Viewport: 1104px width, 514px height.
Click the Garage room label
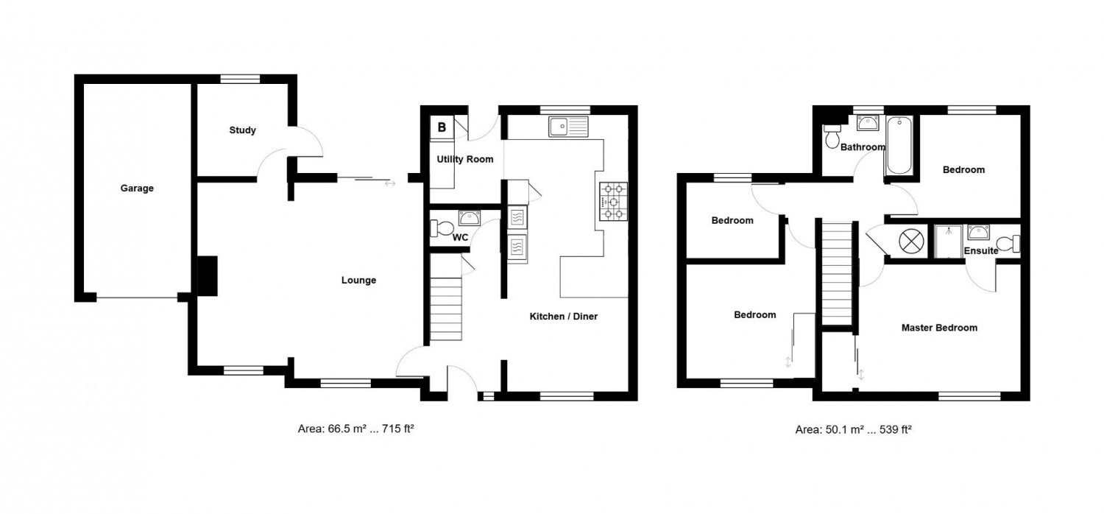(137, 188)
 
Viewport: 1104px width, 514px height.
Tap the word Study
(242, 130)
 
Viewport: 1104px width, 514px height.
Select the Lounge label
(359, 280)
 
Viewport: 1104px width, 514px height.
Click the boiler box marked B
(442, 127)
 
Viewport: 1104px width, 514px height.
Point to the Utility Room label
(464, 159)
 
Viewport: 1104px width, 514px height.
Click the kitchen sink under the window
(568, 127)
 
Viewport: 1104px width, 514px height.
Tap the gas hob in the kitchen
(614, 201)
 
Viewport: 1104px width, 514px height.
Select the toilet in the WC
(442, 228)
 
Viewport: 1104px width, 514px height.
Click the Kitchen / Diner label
(563, 317)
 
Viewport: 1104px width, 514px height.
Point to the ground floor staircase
(446, 309)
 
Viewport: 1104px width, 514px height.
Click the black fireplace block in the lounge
(207, 276)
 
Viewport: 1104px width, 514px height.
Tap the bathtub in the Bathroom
(899, 145)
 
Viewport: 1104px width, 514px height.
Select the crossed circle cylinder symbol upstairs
(910, 242)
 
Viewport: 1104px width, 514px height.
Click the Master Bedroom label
(939, 328)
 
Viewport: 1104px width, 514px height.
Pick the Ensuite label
(981, 251)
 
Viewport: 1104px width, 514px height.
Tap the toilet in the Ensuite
(1008, 244)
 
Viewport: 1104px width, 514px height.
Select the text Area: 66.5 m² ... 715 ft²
(355, 429)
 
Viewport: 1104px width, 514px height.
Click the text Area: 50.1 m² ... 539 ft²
(853, 429)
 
